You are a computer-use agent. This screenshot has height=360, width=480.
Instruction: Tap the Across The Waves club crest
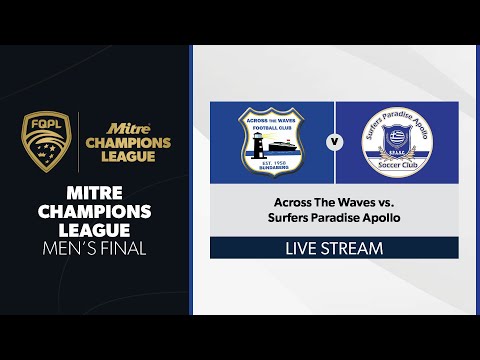[272, 141]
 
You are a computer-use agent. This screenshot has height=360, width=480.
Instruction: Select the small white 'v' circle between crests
[335, 142]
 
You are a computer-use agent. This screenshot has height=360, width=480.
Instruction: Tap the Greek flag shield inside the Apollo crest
[397, 136]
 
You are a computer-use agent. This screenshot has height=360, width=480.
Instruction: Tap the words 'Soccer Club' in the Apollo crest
[397, 165]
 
